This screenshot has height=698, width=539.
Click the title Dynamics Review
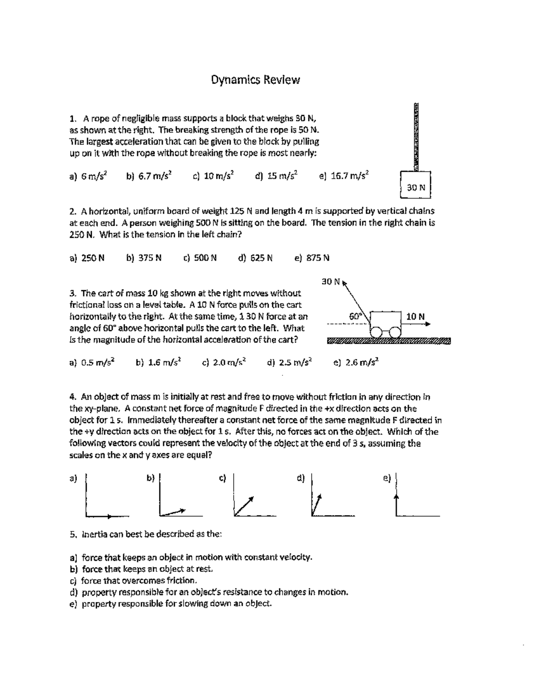click(x=256, y=80)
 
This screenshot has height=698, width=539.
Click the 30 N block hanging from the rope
click(x=415, y=185)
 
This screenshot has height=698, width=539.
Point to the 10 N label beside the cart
click(x=415, y=316)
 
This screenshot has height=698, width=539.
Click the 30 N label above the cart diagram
click(x=331, y=282)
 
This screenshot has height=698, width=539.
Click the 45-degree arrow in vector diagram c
click(x=244, y=506)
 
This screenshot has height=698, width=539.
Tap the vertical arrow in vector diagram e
click(x=397, y=503)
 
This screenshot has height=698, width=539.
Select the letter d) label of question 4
click(x=301, y=478)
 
